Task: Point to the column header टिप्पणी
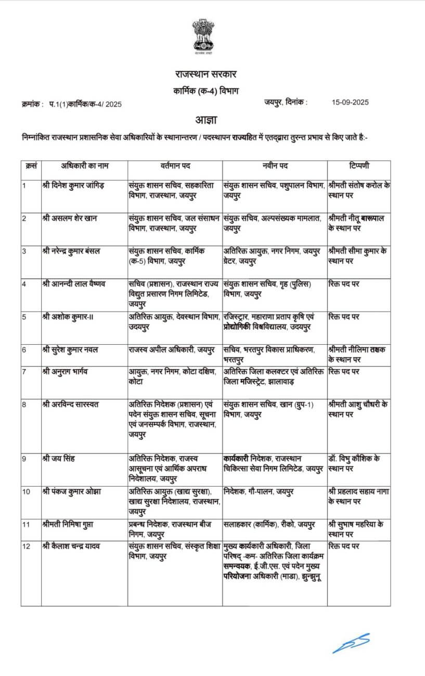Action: (x=358, y=166)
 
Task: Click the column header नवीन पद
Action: (x=275, y=166)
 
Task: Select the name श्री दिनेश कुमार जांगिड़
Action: (x=73, y=185)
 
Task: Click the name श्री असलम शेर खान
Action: (x=70, y=218)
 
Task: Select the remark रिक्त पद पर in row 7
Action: (x=344, y=372)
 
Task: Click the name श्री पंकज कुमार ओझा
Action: (x=71, y=490)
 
